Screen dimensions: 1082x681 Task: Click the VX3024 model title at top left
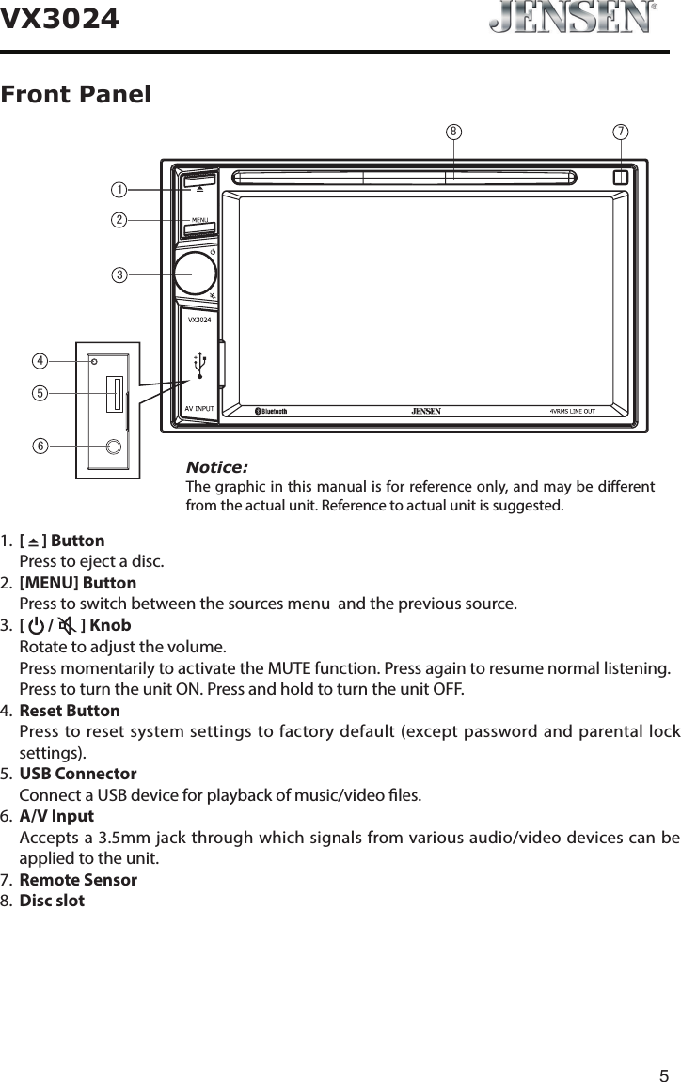60,18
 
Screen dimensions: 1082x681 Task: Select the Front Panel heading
76,95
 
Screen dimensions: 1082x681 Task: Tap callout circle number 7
621,132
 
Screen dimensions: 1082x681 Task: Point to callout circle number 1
119,190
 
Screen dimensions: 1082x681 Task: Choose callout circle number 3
119,274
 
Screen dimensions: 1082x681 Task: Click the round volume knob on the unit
195,272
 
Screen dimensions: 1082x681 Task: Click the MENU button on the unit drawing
199,222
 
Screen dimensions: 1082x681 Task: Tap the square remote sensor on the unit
620,176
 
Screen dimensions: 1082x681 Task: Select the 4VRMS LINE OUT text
584,411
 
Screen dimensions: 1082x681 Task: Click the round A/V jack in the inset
114,447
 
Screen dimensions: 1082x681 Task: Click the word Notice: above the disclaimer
216,467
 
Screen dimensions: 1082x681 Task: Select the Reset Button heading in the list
70,711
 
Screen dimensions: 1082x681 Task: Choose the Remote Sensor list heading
78,881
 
